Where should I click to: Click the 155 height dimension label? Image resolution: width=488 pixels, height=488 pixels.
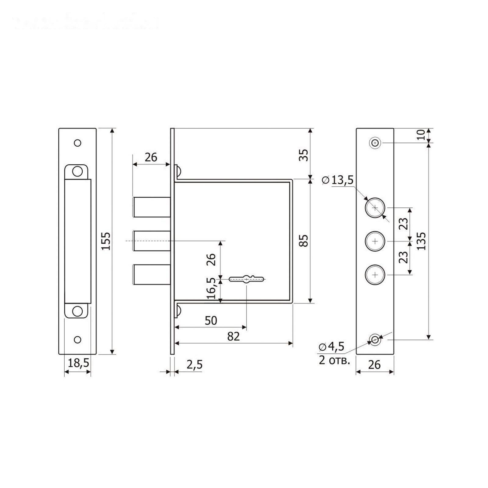(x=106, y=241)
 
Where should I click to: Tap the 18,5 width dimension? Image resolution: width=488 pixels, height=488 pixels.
(x=78, y=363)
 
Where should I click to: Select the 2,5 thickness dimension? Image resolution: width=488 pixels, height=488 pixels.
(x=194, y=364)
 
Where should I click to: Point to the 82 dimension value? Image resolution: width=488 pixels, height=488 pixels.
(x=233, y=336)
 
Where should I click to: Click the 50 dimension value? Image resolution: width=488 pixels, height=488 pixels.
(x=211, y=321)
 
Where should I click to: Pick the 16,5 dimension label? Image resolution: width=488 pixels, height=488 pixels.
(x=211, y=288)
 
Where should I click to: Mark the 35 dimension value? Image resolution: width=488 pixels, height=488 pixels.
(x=304, y=155)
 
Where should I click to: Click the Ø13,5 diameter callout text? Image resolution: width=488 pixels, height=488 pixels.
(x=338, y=180)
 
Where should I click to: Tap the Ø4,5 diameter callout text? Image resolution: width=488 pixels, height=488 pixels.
(x=332, y=346)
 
